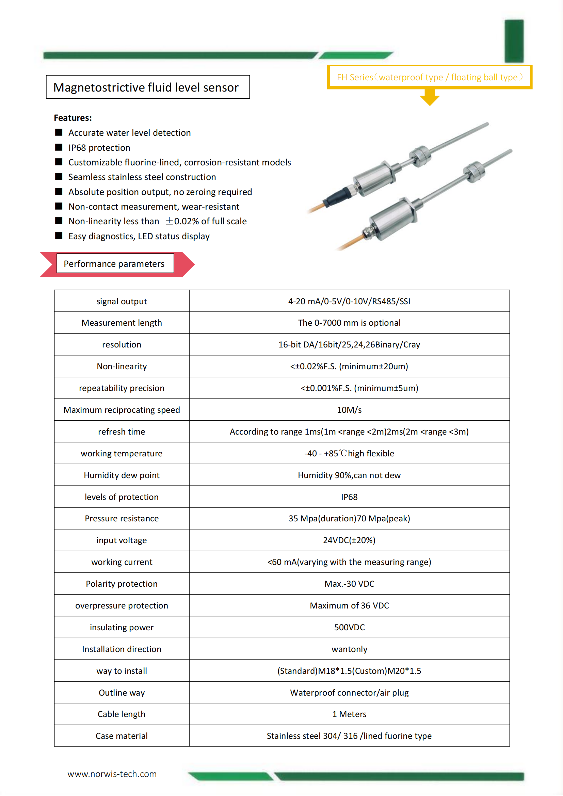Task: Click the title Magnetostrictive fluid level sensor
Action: click(x=146, y=87)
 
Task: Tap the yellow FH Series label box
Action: click(x=429, y=77)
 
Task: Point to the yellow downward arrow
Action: click(x=430, y=98)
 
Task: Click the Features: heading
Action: click(x=73, y=118)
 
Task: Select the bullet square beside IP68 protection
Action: click(x=59, y=147)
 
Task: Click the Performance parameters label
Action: click(x=114, y=264)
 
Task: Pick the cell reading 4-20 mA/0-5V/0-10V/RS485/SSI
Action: click(x=349, y=301)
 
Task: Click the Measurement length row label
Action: click(x=122, y=323)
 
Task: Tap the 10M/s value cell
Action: click(x=349, y=410)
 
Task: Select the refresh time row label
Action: click(x=122, y=432)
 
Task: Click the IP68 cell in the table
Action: click(x=349, y=497)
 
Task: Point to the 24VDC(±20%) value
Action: click(x=349, y=540)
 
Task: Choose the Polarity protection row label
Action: click(x=122, y=584)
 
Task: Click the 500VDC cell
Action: click(x=349, y=627)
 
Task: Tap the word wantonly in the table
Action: click(x=349, y=649)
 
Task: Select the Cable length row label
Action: click(x=122, y=714)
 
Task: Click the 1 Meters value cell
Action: click(x=349, y=714)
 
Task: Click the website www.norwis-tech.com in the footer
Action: click(x=112, y=774)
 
